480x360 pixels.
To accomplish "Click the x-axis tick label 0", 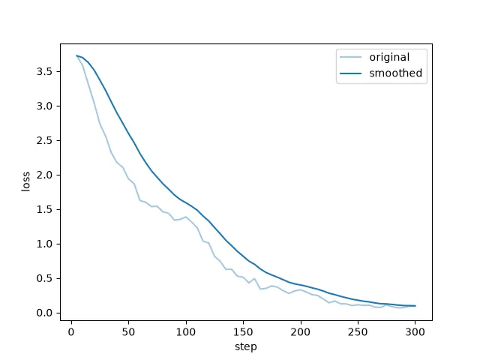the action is click(71, 332).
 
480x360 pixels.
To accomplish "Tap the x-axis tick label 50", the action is click(128, 332).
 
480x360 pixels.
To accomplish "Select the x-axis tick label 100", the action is click(186, 332).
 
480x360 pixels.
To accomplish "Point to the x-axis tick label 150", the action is click(243, 332).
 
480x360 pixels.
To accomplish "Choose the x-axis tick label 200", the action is click(300, 332).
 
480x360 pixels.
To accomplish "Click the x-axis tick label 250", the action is click(358, 332).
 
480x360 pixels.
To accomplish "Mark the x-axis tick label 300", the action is click(415, 332).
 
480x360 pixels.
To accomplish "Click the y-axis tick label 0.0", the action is click(44, 313).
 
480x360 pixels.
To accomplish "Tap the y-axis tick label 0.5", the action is click(44, 278).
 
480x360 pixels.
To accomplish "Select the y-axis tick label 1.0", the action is click(44, 244).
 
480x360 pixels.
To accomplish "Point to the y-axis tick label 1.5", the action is click(44, 210).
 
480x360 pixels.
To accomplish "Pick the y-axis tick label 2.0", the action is click(44, 175).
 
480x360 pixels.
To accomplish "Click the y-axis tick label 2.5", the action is click(44, 140).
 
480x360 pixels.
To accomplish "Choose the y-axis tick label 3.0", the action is click(44, 106).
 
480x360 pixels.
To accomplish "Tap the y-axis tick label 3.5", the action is click(44, 72).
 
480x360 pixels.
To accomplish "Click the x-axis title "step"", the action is click(246, 347).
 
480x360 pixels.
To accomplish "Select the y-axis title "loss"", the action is click(26, 181).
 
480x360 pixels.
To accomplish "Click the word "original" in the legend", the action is click(389, 57).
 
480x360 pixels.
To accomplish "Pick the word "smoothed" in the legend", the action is click(396, 73).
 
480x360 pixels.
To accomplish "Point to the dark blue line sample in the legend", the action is click(350, 73).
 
